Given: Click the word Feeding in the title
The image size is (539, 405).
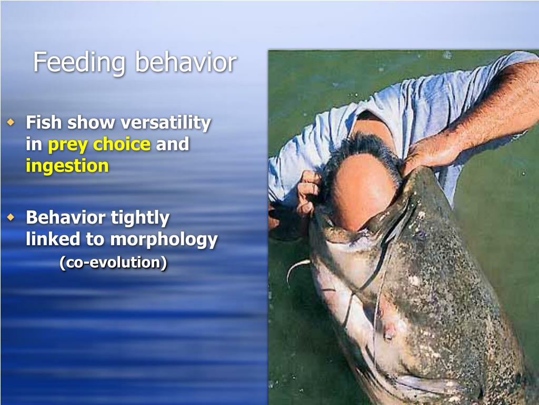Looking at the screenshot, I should pos(79,63).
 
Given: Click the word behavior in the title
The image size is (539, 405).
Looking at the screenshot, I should pos(185,62).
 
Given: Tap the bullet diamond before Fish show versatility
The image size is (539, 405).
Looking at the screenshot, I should pos(12,123).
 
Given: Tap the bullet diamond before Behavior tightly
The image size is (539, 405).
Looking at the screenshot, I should pos(12,217).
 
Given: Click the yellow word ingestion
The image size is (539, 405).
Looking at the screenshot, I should pos(67,167).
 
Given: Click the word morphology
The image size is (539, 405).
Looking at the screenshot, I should pos(163,240).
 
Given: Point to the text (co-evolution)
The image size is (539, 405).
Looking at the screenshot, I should pos(113,262).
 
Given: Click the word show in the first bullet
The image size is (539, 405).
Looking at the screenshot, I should pos(91,123).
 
